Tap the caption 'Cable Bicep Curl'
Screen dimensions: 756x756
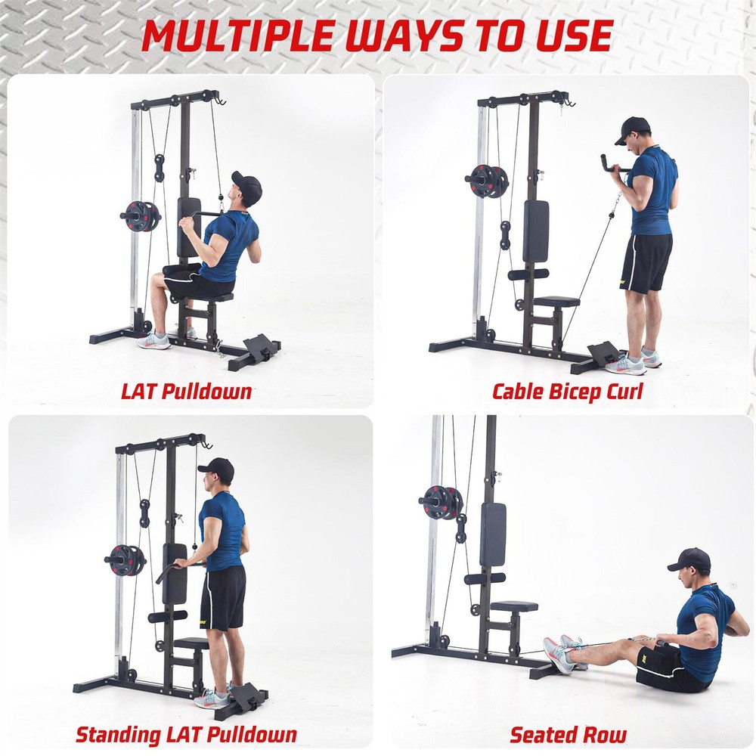567,392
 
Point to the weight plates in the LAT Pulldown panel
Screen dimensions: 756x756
141,216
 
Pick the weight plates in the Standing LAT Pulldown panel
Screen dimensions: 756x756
125,560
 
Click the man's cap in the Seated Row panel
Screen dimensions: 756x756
690,559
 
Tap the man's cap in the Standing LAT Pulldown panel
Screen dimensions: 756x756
217,468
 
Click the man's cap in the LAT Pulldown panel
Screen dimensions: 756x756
247,184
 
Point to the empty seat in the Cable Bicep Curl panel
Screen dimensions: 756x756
556,302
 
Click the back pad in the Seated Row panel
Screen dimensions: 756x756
493,534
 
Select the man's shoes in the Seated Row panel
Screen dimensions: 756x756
563,653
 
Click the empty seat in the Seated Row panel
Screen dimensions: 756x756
514,606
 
